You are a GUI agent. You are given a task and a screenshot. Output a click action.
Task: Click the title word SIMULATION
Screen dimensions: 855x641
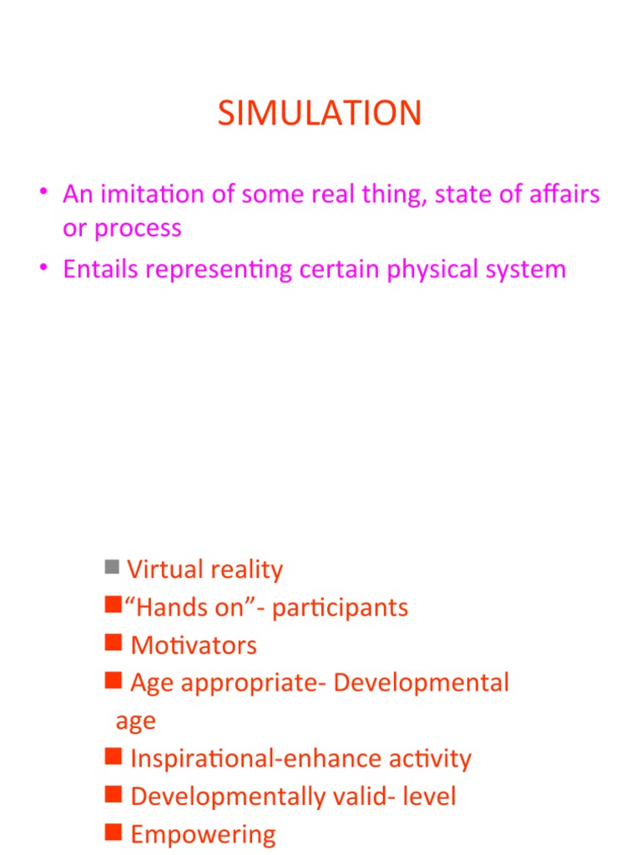(320, 114)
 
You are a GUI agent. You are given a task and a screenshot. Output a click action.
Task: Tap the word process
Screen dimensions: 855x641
(139, 228)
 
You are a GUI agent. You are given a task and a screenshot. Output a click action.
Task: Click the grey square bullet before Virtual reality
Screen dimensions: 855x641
(112, 568)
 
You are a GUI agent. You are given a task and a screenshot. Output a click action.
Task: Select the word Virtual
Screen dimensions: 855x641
(165, 569)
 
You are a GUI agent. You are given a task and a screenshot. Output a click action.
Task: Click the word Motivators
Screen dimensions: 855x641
(194, 645)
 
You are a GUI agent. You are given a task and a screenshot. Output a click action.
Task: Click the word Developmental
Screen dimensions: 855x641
(421, 683)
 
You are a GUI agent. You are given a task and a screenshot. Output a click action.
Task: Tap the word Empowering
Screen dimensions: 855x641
(203, 834)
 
